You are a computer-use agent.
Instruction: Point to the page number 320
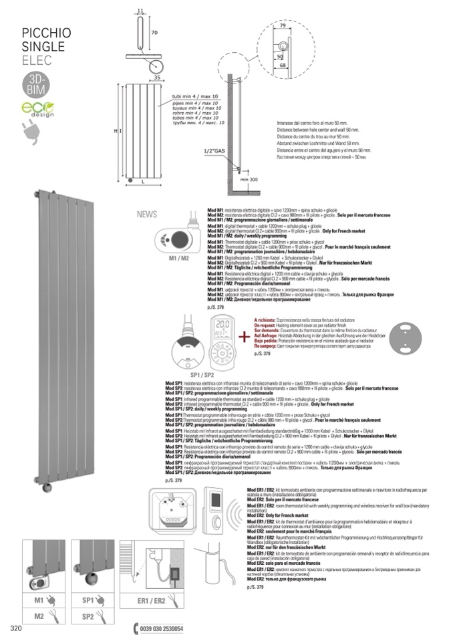pyautogui.click(x=18, y=629)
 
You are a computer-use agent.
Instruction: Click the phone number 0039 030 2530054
pyautogui.click(x=160, y=629)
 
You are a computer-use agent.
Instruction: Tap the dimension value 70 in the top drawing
pyautogui.click(x=153, y=31)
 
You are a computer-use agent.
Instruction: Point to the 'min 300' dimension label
pyautogui.click(x=250, y=180)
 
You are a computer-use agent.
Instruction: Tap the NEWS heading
pyautogui.click(x=147, y=215)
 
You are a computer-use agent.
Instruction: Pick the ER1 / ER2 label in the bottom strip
pyautogui.click(x=151, y=601)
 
